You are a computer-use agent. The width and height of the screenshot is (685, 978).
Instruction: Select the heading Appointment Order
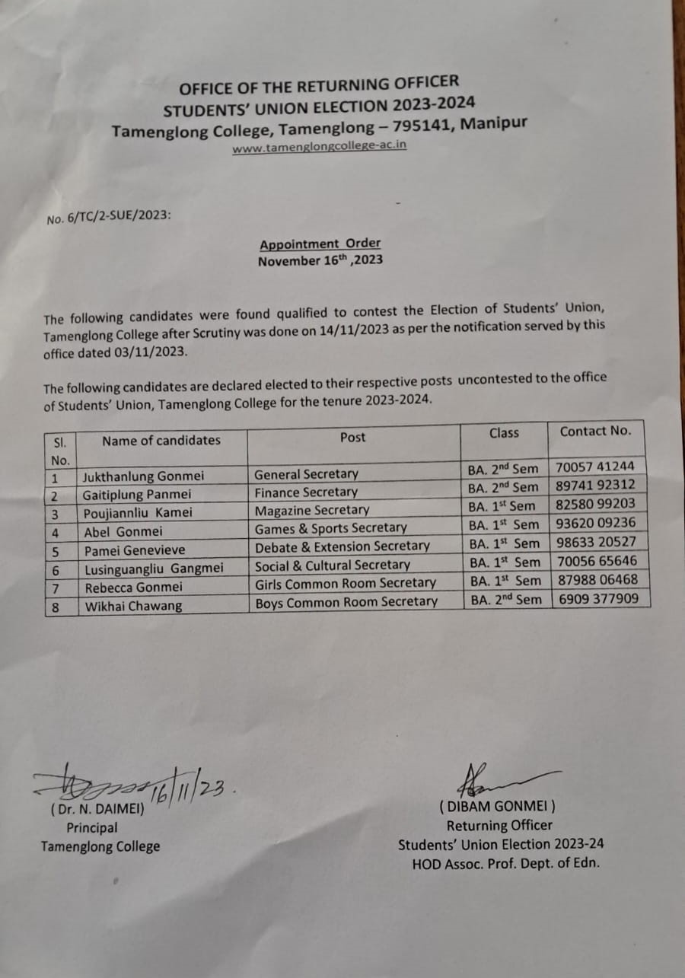click(320, 244)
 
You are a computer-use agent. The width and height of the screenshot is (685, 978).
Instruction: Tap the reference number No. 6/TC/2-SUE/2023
click(108, 218)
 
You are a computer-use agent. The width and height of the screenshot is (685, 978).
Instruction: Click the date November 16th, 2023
click(320, 260)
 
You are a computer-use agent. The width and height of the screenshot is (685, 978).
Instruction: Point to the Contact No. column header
click(595, 431)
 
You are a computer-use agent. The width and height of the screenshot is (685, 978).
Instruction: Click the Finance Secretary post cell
click(305, 492)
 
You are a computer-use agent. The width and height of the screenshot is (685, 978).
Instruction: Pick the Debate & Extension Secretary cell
click(342, 546)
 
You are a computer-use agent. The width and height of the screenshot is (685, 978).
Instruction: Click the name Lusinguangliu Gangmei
click(154, 568)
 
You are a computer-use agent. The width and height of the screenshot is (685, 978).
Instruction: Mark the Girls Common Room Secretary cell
click(345, 583)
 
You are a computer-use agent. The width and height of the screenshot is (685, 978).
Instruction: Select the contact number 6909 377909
click(598, 598)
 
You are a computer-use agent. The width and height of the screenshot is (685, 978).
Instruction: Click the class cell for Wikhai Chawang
click(505, 599)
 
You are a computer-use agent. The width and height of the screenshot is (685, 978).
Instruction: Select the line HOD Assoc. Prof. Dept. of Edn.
click(505, 863)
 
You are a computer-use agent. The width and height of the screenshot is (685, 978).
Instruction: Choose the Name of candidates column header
click(161, 440)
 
